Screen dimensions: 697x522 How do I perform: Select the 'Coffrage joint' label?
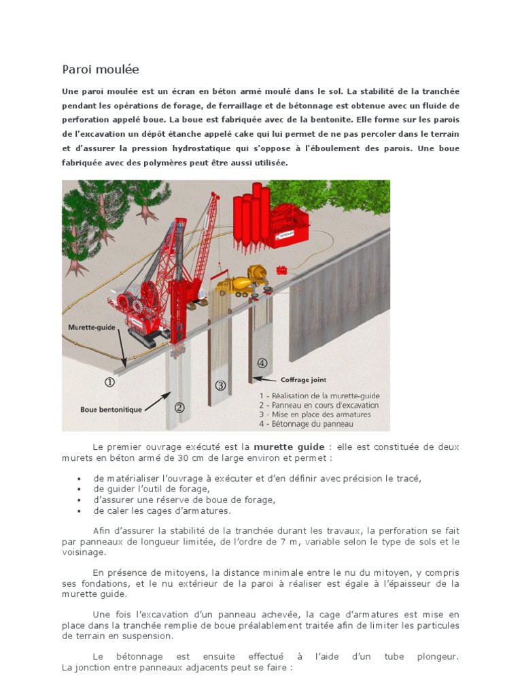(x=304, y=380)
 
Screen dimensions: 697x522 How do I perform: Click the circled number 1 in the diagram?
(x=109, y=383)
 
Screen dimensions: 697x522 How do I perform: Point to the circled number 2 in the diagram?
(x=179, y=408)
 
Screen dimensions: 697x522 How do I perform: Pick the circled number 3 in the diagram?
(x=220, y=385)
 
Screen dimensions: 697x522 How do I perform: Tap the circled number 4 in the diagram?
(x=262, y=363)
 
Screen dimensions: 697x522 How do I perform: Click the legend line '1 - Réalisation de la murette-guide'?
(x=319, y=395)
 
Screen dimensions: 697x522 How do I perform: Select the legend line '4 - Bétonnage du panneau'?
(x=306, y=423)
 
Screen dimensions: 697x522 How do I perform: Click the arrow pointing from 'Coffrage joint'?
(x=264, y=380)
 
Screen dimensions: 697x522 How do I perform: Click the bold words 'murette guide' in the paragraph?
(x=289, y=447)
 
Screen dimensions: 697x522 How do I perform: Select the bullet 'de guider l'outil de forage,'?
(x=152, y=489)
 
